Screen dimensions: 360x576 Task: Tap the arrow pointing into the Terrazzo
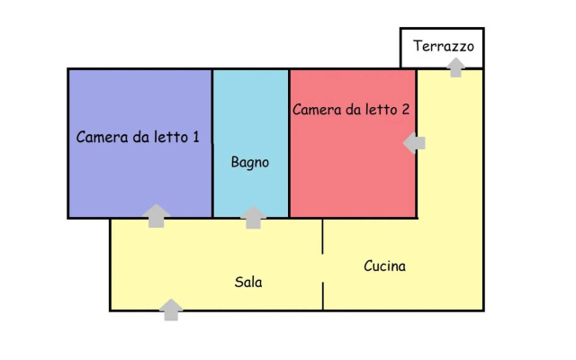click(456, 67)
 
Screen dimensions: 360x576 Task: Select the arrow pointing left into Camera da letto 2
click(414, 142)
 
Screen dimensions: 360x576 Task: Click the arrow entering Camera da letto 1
click(157, 215)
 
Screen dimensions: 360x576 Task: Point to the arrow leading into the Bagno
click(255, 217)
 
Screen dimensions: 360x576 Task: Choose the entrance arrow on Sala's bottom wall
click(171, 310)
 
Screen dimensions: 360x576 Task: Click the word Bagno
click(249, 163)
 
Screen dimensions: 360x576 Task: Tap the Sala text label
click(248, 282)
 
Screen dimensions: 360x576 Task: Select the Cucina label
click(384, 266)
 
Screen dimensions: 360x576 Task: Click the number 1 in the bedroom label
click(195, 137)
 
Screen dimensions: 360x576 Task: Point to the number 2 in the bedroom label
click(406, 110)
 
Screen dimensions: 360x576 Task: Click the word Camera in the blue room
click(102, 137)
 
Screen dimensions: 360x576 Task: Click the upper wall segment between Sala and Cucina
click(323, 237)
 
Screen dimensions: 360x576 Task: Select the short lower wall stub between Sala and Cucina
click(323, 296)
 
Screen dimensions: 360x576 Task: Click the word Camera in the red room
click(318, 110)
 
